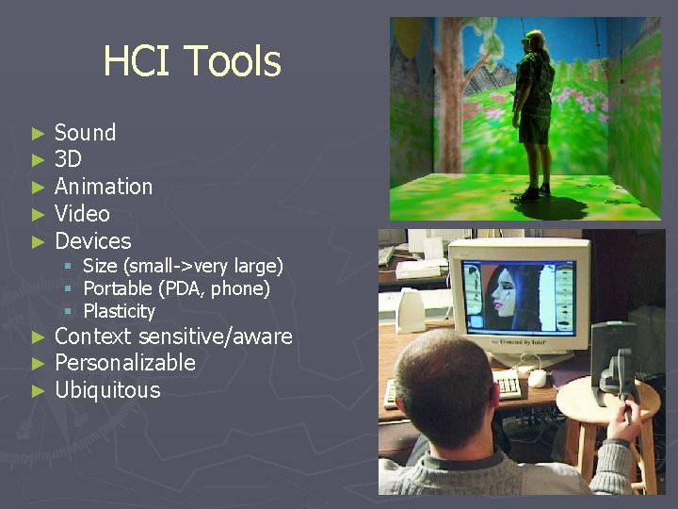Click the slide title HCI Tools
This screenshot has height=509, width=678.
tap(191, 61)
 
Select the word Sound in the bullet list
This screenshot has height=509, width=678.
tap(85, 133)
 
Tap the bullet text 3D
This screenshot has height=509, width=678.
tap(68, 159)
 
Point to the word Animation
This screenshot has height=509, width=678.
tap(104, 187)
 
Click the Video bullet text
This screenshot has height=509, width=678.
tap(82, 214)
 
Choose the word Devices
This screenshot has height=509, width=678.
tap(92, 241)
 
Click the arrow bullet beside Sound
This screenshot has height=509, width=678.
tap(38, 134)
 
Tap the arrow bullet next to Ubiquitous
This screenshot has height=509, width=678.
tap(38, 391)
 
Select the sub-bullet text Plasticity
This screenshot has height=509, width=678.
tap(119, 311)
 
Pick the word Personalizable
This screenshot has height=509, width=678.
tap(125, 363)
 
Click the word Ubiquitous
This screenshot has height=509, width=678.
tap(107, 390)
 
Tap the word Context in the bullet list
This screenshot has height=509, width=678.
tap(93, 337)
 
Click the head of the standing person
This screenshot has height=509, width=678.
tap(533, 41)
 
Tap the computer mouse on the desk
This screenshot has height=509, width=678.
tap(538, 378)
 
